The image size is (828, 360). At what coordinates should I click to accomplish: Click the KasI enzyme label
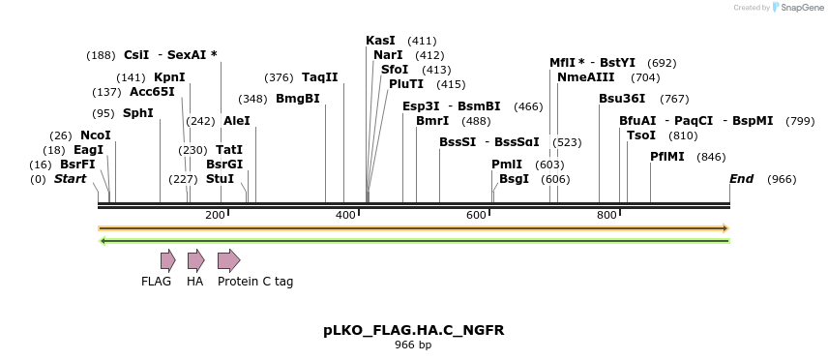[380, 41]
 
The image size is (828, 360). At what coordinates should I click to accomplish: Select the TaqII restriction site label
[320, 77]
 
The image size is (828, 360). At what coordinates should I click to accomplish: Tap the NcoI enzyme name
[96, 135]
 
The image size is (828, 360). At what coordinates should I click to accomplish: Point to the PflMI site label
[667, 157]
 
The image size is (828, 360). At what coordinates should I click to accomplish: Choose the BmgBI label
[298, 99]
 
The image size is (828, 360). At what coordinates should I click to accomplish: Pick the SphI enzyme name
[137, 113]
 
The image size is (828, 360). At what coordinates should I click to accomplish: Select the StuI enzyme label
[220, 179]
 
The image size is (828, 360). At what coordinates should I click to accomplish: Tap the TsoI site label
[641, 135]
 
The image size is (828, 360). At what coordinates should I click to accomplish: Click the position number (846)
[711, 157]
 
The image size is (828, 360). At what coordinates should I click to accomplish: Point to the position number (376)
[279, 77]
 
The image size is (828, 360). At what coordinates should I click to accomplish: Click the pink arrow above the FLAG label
[167, 259]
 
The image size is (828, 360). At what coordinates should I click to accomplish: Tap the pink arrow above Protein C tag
[228, 259]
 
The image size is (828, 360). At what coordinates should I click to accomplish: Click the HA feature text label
[195, 282]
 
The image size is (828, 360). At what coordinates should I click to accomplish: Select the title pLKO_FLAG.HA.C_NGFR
[413, 330]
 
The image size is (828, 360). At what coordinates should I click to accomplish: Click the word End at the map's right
[741, 179]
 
